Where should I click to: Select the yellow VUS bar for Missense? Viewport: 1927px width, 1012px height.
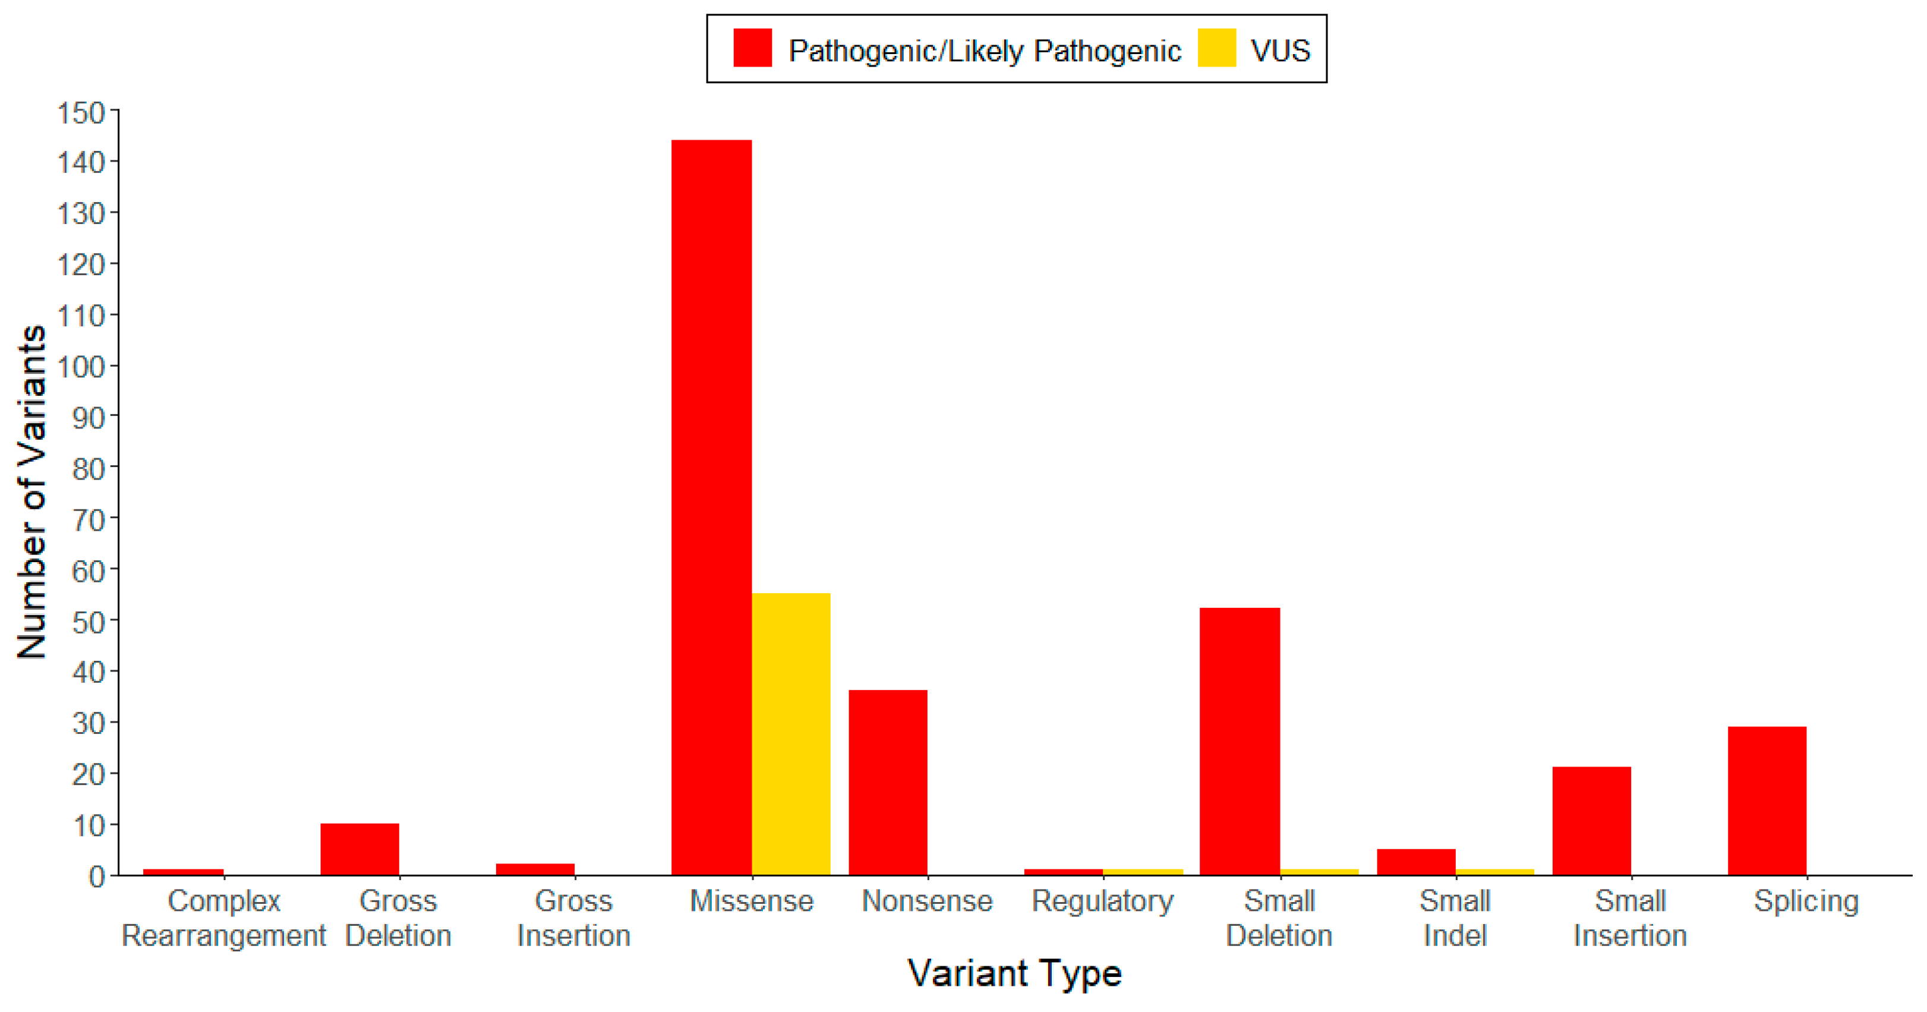[x=791, y=734]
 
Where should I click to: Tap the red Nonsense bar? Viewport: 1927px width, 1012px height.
[x=888, y=781]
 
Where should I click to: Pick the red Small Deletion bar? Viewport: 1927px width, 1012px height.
[x=1240, y=740]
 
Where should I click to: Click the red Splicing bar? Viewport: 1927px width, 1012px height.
[x=1767, y=800]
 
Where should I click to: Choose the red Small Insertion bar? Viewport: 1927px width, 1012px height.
[x=1591, y=821]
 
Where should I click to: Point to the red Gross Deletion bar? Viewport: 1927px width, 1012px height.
[x=360, y=849]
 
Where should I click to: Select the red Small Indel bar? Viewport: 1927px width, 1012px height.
[x=1416, y=862]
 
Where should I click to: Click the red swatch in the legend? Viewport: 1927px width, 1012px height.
[x=752, y=49]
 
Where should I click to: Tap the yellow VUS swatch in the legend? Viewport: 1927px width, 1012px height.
[x=1216, y=49]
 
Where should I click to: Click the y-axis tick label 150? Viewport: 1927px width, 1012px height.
[x=81, y=113]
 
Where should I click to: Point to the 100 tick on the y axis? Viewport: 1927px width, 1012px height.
[x=81, y=367]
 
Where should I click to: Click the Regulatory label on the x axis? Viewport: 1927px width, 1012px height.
[x=1103, y=901]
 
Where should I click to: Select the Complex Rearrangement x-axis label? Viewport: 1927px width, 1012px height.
[x=223, y=918]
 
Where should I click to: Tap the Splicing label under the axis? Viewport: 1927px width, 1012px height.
[x=1806, y=901]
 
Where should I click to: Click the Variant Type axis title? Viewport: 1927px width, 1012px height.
[x=1015, y=973]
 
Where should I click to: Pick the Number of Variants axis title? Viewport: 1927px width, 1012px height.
[x=31, y=492]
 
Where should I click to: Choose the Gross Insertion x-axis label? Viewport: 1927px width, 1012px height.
[x=574, y=918]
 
